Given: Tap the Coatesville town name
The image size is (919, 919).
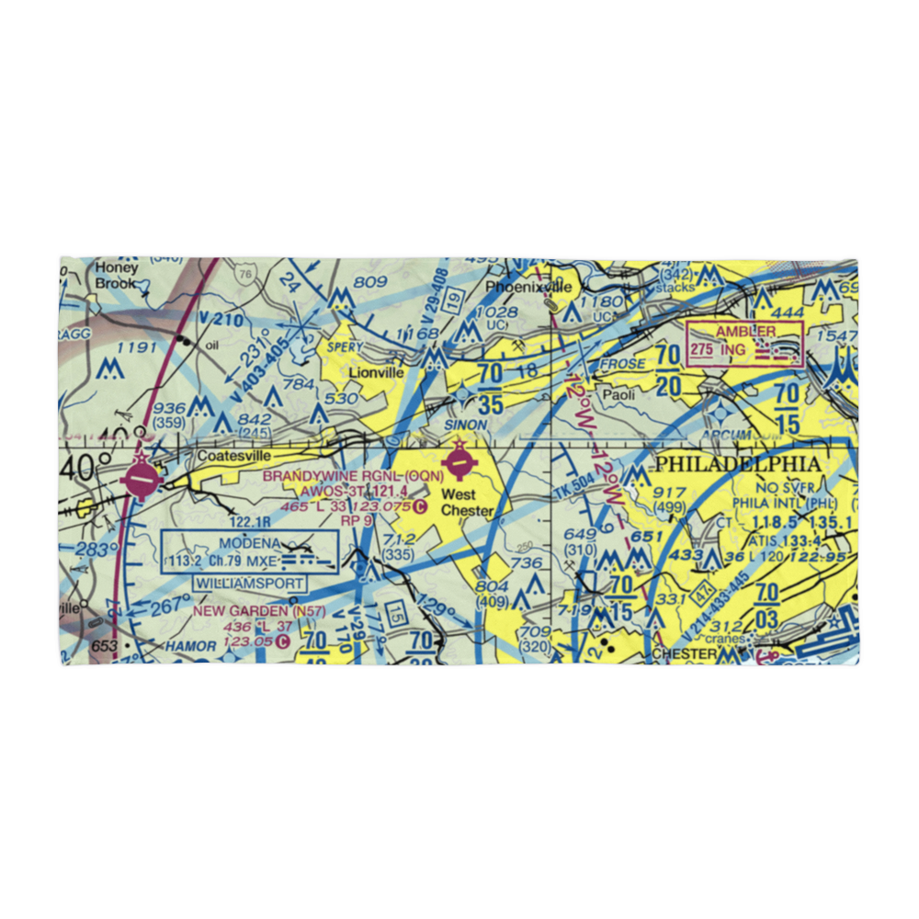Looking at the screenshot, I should tap(233, 455).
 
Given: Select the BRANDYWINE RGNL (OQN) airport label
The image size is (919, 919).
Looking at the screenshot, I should tap(354, 476).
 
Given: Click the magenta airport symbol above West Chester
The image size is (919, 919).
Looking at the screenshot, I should tap(459, 457).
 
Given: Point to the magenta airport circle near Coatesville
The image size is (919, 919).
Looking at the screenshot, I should tap(142, 479).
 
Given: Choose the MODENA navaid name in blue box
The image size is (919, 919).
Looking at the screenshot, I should tap(249, 543).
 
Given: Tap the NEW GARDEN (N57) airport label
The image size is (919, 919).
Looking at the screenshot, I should tap(245, 609).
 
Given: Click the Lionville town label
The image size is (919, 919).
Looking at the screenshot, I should tap(375, 373).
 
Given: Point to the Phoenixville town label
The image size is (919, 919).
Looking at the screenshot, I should tap(528, 288).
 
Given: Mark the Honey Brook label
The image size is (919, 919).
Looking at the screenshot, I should tap(117, 276).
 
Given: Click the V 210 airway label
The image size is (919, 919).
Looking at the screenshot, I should tap(223, 319).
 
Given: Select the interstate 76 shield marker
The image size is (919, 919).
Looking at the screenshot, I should tap(244, 274).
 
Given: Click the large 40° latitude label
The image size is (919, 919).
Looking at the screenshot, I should tap(92, 468).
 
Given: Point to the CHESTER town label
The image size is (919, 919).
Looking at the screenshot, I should tap(684, 654).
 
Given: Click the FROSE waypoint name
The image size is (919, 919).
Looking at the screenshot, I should tap(622, 364).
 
